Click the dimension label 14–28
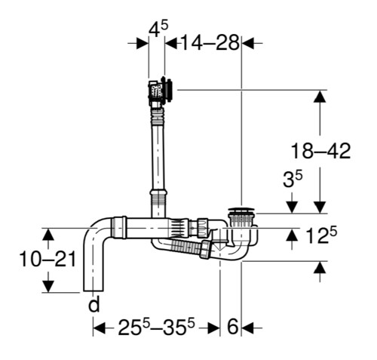[x=210, y=42]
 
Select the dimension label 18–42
[x=320, y=151]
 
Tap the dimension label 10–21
[x=48, y=260]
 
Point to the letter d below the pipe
[x=94, y=304]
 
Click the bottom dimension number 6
[x=232, y=327]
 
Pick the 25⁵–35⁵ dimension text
[x=156, y=326]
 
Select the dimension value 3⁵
[x=293, y=179]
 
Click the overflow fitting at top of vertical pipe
[x=161, y=91]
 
